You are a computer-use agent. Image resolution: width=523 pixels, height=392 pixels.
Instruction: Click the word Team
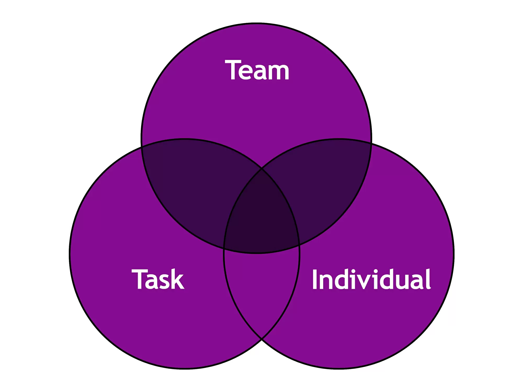(257, 70)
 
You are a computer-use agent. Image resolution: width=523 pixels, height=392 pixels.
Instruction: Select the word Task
(158, 279)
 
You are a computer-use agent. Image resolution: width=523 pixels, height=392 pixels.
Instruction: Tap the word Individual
(371, 279)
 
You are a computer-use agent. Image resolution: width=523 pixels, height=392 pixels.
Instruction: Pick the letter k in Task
(178, 279)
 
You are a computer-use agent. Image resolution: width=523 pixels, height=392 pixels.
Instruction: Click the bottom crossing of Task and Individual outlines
(261, 339)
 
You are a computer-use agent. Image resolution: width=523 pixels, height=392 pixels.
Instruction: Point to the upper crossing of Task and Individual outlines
(261, 169)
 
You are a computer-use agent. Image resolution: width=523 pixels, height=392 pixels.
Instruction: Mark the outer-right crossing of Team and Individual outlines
(371, 143)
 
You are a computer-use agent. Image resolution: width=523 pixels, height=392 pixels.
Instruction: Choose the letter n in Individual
(327, 282)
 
